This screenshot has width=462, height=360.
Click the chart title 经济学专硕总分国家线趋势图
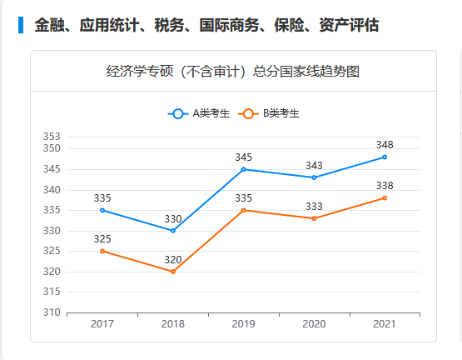click(233, 72)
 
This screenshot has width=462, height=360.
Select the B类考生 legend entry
click(269, 113)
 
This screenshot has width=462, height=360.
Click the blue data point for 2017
click(102, 210)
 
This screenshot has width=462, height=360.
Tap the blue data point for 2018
click(173, 230)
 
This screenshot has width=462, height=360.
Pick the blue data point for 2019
click(243, 169)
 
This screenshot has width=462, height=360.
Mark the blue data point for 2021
click(385, 157)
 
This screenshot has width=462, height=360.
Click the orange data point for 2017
click(102, 251)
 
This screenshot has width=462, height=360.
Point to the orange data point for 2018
click(173, 272)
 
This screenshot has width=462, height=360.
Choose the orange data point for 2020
click(314, 218)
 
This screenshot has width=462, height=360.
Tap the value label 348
click(385, 144)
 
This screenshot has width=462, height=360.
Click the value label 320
click(173, 259)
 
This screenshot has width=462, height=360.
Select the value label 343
click(314, 165)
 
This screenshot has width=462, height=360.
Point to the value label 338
click(385, 185)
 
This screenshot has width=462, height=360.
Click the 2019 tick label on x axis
click(243, 324)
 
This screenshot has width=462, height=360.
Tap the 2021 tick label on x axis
click(385, 324)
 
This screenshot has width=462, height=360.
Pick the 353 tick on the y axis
click(52, 137)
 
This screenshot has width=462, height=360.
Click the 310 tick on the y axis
click(52, 312)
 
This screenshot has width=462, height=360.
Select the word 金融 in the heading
click(48, 26)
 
